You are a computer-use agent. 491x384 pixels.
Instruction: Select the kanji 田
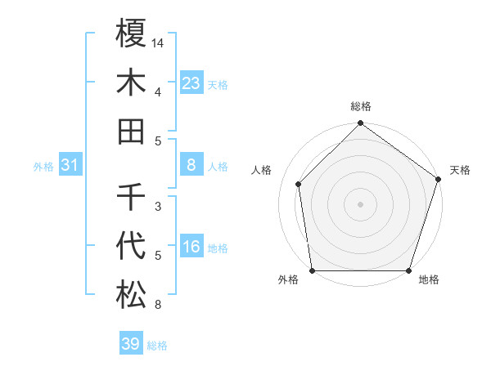click(131, 131)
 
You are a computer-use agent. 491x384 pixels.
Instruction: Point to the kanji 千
click(131, 196)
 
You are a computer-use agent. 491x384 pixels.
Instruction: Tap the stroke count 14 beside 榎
click(158, 42)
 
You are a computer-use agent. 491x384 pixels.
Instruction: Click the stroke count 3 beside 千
click(158, 206)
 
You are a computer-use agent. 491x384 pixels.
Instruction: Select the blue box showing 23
click(191, 83)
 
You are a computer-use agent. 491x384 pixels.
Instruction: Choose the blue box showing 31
click(70, 166)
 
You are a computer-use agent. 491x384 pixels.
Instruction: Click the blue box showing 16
click(191, 248)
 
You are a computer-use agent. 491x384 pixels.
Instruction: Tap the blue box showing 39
click(131, 344)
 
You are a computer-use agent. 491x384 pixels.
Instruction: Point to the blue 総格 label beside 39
click(157, 346)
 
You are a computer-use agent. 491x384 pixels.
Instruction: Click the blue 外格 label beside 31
click(43, 167)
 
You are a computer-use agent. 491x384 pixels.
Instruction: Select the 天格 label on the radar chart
click(460, 170)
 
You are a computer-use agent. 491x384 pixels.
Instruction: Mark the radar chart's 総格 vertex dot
click(360, 124)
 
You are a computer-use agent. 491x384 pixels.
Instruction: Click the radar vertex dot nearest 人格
click(299, 184)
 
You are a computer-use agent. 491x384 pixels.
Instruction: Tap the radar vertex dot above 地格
click(408, 270)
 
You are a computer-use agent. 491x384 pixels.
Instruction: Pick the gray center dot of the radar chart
click(360, 203)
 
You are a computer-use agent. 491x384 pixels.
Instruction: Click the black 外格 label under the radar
click(288, 280)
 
